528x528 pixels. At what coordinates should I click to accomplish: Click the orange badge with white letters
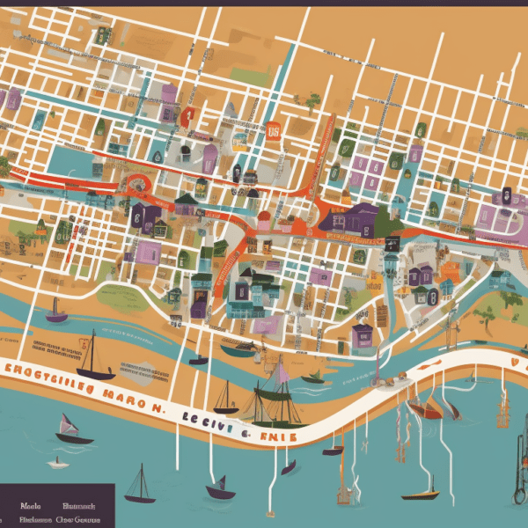(x=273, y=131)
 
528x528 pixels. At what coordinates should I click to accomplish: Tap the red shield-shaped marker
(x=186, y=115)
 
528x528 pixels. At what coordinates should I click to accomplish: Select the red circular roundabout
(x=139, y=186)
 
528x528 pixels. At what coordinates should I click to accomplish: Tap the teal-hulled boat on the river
(x=237, y=350)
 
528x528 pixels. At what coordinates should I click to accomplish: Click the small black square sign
(x=392, y=244)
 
